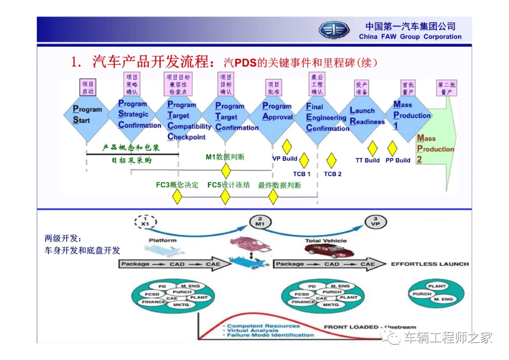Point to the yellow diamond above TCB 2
click(331, 160)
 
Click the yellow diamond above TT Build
click(372, 148)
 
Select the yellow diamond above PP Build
click(392, 148)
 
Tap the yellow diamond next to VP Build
click(287, 147)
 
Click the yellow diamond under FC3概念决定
click(177, 197)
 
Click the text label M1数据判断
click(225, 157)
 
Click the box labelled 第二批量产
click(446, 88)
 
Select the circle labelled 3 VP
click(375, 222)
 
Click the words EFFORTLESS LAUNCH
click(429, 264)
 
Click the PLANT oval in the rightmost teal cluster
click(437, 286)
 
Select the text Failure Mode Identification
click(271, 335)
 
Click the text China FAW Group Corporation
click(410, 37)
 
